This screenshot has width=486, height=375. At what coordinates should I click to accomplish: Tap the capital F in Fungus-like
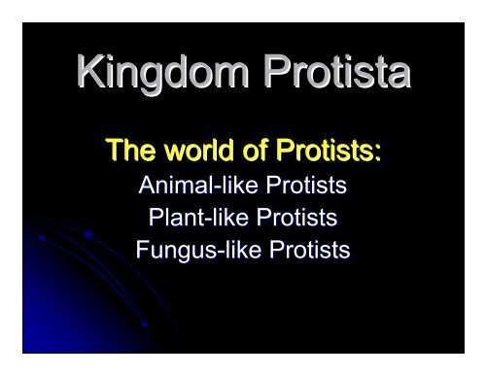[x=143, y=251]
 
